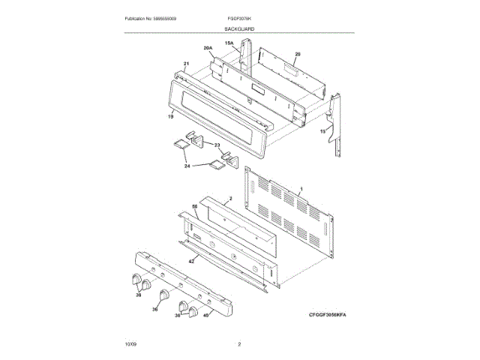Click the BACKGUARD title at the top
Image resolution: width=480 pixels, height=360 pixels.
[239, 28]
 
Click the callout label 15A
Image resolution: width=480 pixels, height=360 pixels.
[229, 44]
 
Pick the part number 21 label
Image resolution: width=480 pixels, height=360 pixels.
[186, 63]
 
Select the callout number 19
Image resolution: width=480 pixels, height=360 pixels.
[170, 116]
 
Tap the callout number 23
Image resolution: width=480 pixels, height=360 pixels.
[217, 145]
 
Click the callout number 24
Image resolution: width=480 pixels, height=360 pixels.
[187, 166]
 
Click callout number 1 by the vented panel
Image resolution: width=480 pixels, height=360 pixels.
[301, 190]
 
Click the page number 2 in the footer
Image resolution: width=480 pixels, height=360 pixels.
[239, 344]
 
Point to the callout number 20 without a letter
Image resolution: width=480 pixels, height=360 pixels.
[297, 55]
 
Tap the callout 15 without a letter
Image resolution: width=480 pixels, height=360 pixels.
[323, 130]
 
